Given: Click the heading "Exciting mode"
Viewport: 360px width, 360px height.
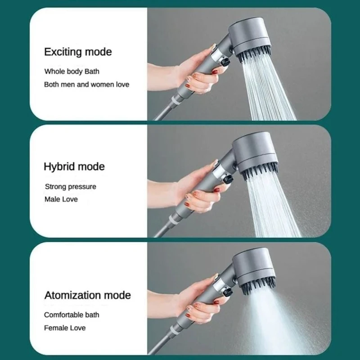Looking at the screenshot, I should (77, 52).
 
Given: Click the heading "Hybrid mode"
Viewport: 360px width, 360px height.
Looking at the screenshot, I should (74, 166).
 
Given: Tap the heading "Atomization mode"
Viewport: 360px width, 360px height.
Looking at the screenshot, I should (87, 295).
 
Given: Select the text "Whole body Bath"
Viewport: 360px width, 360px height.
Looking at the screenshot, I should (72, 71).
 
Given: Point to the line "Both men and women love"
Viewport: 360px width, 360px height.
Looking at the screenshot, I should (86, 84).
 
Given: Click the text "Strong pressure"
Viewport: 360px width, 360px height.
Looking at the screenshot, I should (70, 186).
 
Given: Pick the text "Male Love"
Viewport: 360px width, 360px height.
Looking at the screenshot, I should (61, 199).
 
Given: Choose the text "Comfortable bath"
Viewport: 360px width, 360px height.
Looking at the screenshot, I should (72, 315).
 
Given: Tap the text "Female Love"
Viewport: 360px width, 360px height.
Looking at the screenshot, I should (64, 328).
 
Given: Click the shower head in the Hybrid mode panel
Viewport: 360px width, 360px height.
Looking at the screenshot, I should (254, 155).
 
